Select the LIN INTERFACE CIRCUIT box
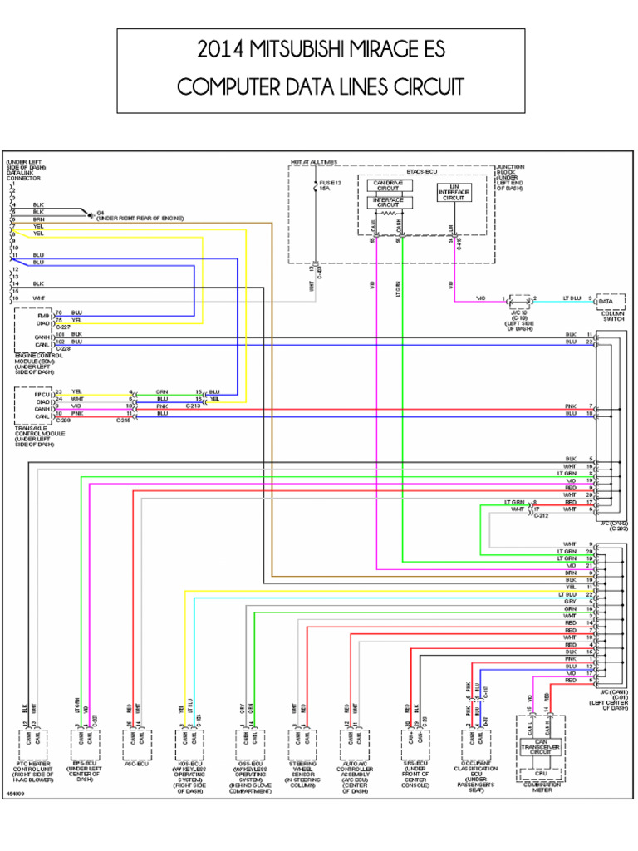point(453,193)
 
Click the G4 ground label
point(101,212)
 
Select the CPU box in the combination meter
point(540,771)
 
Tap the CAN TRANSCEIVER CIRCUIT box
point(540,748)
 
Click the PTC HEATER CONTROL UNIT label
point(35,773)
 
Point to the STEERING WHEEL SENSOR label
point(302,771)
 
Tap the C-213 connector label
point(193,405)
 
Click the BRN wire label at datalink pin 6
point(38,219)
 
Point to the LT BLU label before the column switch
point(573,297)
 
